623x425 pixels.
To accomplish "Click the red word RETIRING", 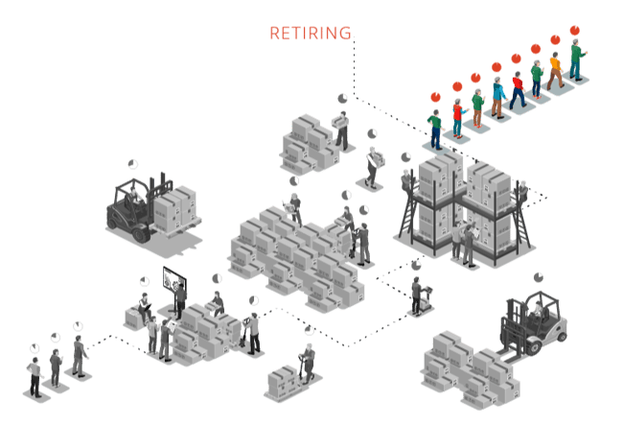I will (x=310, y=34).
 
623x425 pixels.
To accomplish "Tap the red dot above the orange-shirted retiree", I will (x=555, y=40).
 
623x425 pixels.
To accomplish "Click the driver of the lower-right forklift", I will (x=538, y=309).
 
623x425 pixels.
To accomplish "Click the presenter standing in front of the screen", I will (x=180, y=298).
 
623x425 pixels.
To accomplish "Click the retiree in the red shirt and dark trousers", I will (x=518, y=87).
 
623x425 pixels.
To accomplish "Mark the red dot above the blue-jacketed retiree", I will (x=496, y=66).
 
